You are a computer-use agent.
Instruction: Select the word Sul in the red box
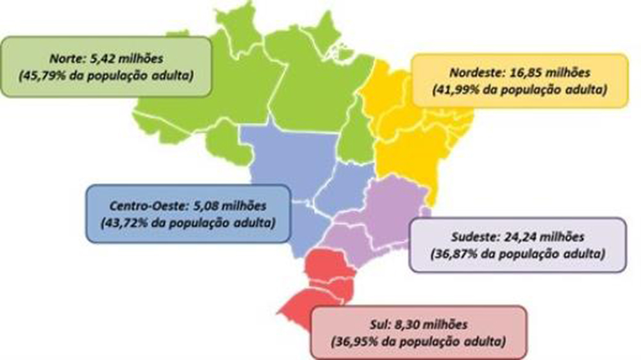(x=380, y=324)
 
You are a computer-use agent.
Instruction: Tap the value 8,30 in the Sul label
(x=411, y=324)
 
